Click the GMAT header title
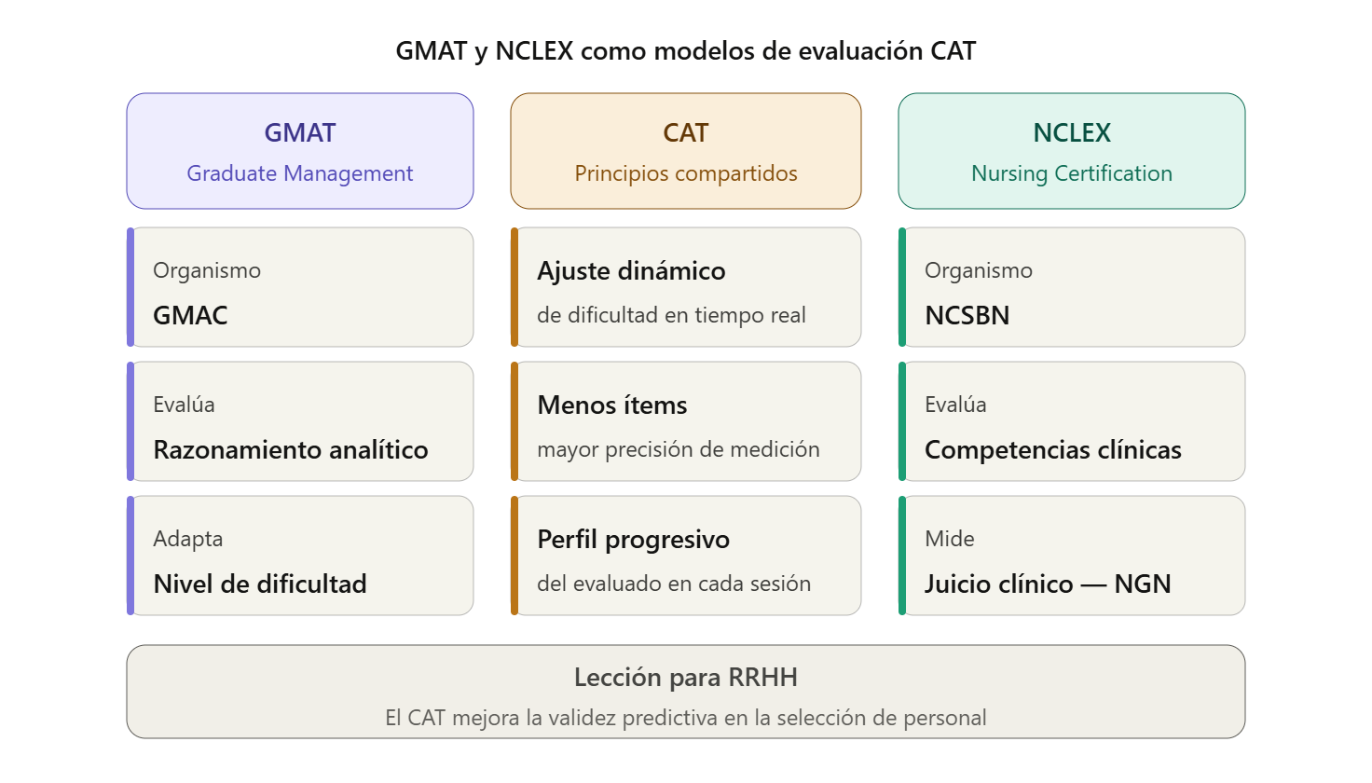300,133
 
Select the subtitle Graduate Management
300,173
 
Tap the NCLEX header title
1072,133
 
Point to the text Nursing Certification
1072,173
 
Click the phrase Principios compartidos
686,173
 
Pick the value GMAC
190,315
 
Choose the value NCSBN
967,315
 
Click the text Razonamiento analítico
291,449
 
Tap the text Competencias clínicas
1053,449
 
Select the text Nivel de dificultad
260,584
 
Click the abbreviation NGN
1143,584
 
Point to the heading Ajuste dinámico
631,271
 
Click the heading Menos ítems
612,405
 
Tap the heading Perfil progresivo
634,540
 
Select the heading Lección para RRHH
686,678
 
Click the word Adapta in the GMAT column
188,539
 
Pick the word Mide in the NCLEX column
950,539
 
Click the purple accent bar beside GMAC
130,287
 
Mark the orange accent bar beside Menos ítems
514,421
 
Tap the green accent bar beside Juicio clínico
902,556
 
